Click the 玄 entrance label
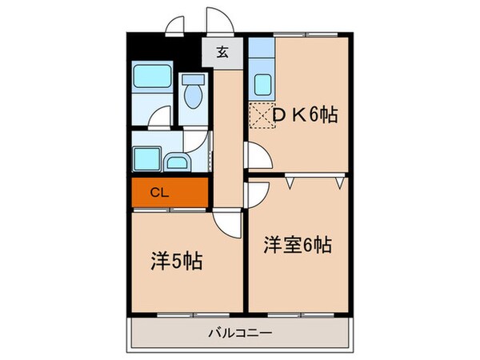click(x=224, y=54)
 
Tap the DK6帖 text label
click(x=304, y=115)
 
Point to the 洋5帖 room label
click(x=177, y=261)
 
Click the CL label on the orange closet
click(x=160, y=192)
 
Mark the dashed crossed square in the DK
click(x=262, y=117)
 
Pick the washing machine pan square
click(x=146, y=159)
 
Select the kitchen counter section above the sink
click(x=261, y=53)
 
